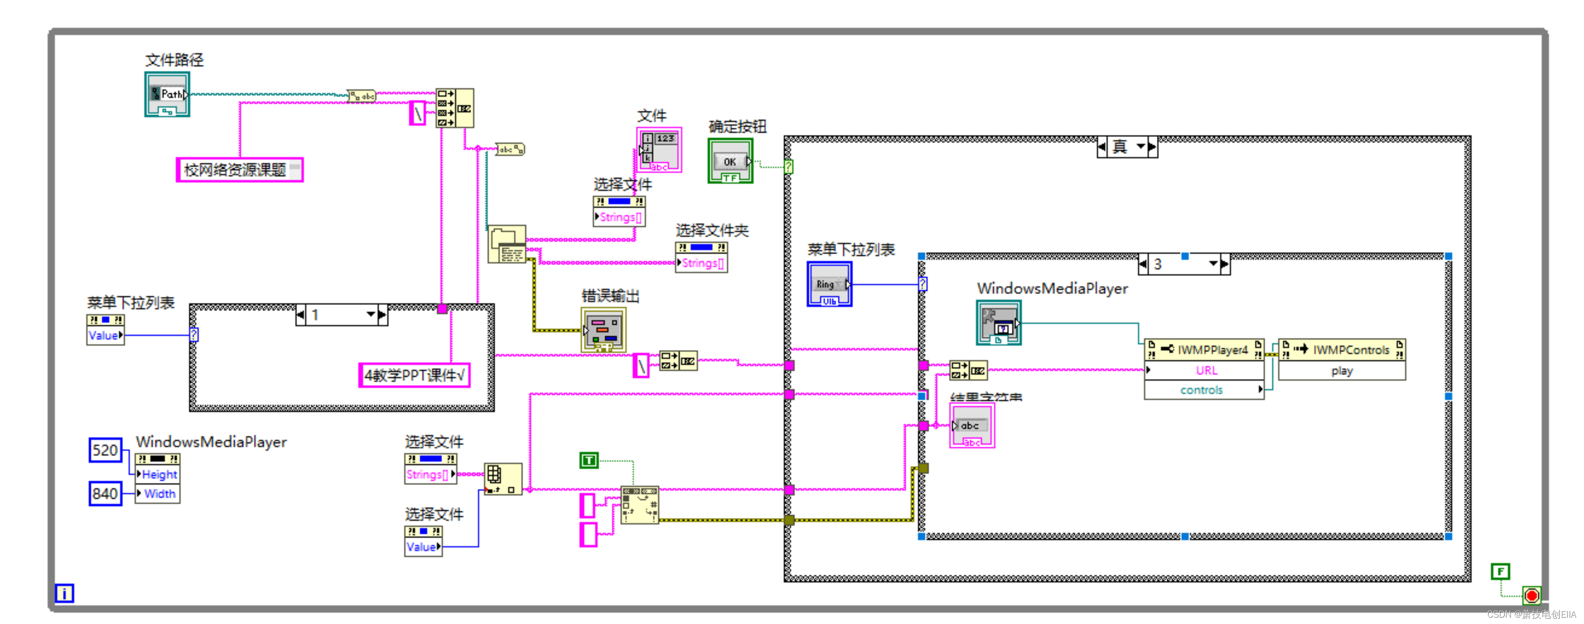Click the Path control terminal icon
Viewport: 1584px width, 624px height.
pos(167,95)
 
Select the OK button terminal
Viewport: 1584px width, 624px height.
pos(730,161)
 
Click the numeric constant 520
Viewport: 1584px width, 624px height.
pos(105,450)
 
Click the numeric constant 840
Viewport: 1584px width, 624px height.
pos(105,493)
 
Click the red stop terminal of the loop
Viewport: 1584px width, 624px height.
pos(1531,595)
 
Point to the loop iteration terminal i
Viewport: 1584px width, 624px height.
pos(65,593)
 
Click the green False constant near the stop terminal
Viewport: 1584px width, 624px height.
pos(1500,572)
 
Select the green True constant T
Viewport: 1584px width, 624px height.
pos(588,460)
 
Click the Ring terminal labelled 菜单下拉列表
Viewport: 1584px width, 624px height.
pos(829,284)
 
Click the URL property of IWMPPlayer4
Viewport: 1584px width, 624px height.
pos(1205,371)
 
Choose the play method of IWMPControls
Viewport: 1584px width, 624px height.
pos(1342,371)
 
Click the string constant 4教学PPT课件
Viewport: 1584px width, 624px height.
pos(414,375)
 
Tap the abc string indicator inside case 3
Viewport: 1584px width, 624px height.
pos(971,426)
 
